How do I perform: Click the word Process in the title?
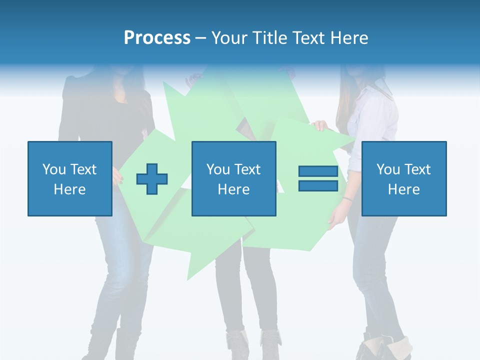(157, 38)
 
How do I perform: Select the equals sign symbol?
(318, 178)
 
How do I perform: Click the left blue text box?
(70, 178)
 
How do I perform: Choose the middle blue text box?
(233, 178)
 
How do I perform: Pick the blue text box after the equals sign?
(404, 178)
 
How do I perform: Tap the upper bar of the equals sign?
(318, 171)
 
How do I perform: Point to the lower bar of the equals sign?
(318, 185)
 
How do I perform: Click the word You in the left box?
(54, 169)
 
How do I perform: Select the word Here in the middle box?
(233, 189)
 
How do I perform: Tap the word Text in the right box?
(418, 169)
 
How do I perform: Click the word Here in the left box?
(70, 189)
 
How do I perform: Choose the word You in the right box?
(388, 169)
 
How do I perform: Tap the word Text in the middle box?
(248, 169)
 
